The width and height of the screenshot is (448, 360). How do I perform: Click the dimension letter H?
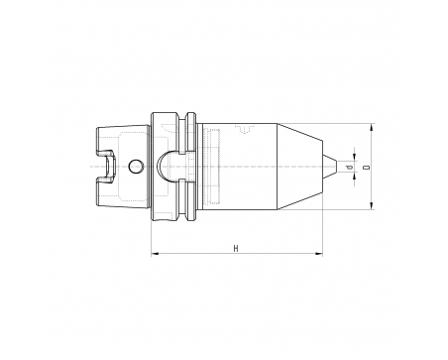pyautogui.click(x=236, y=249)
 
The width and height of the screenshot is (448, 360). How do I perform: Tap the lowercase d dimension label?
pyautogui.click(x=350, y=168)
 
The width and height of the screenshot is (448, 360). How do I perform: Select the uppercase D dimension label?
pyautogui.click(x=366, y=168)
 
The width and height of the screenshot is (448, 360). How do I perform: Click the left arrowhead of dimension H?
pyautogui.click(x=155, y=254)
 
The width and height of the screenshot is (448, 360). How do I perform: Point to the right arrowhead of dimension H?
pyautogui.click(x=319, y=254)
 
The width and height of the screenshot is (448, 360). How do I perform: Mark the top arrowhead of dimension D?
pyautogui.click(x=372, y=127)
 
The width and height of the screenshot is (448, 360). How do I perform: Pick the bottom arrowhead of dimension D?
pyautogui.click(x=372, y=205)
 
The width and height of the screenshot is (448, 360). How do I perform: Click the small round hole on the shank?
pyautogui.click(x=136, y=167)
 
